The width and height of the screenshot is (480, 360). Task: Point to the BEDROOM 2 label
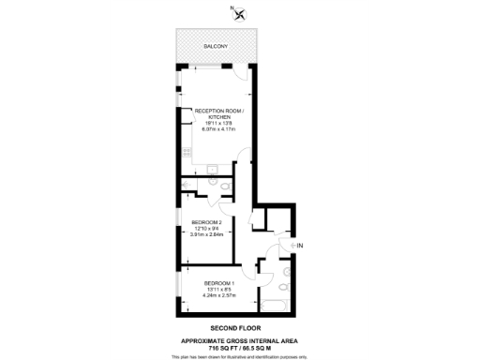pos(206,222)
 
